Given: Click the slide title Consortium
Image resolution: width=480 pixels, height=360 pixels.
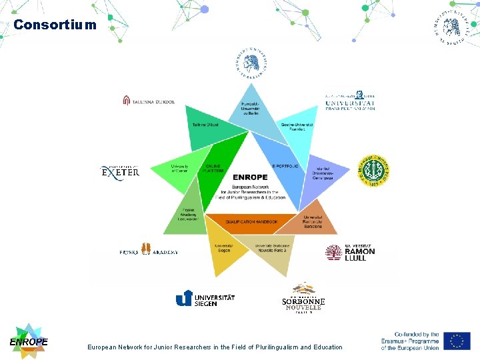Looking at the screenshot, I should pos(55,25).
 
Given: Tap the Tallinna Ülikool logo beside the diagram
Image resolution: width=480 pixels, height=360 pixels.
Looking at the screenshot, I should pos(149,101).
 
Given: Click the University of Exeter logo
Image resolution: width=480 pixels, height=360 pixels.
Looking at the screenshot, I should pos(120,172).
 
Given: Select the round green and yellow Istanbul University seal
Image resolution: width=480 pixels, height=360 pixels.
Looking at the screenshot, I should pos(375,170).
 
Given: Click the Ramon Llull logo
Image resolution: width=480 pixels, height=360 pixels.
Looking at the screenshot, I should pos(350,253).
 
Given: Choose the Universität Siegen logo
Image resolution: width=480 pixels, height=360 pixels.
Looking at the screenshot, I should pos(205,299).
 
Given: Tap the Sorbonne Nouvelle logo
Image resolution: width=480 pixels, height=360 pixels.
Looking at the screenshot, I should pos(303,297).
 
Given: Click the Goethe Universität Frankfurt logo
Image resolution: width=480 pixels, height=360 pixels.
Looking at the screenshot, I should pos(350,100).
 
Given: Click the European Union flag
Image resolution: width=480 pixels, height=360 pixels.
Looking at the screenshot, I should pos(457,341).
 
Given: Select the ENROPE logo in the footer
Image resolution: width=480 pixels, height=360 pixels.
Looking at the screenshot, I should pos(29,341).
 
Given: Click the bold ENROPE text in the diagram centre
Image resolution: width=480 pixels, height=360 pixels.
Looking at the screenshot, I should pos(250,177).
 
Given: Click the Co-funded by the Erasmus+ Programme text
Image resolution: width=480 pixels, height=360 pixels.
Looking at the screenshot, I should pos(409,341).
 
